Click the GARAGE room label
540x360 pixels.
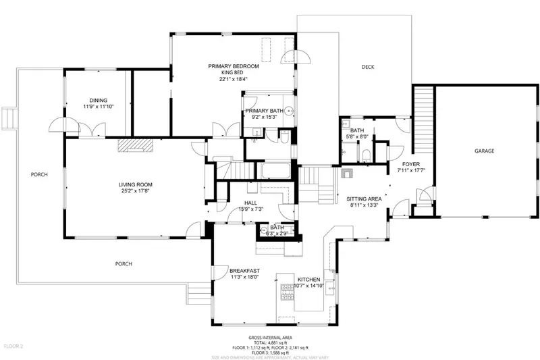(483, 151)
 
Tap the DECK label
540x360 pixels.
(368, 67)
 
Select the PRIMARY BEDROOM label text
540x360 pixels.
(234, 66)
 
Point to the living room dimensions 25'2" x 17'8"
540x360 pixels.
(135, 191)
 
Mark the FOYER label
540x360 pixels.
(411, 164)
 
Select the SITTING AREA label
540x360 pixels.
(364, 199)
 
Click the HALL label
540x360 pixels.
(250, 202)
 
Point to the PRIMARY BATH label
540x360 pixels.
(265, 111)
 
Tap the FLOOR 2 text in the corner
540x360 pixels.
(13, 346)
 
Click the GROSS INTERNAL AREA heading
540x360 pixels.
(269, 336)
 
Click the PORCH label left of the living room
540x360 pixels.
(39, 175)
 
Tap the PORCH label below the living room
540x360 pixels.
(124, 263)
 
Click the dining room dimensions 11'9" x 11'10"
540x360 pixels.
(99, 107)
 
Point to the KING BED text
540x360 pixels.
(234, 72)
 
